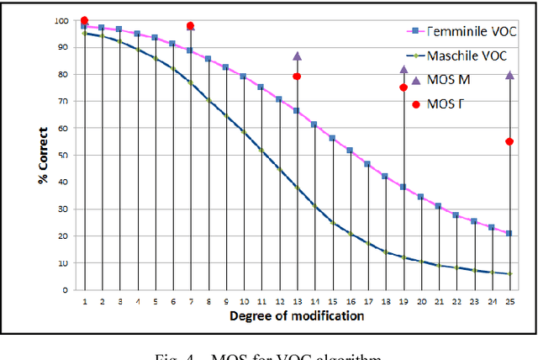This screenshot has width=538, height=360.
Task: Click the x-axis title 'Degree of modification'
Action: coord(296,316)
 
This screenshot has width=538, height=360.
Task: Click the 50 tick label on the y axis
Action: coord(65,155)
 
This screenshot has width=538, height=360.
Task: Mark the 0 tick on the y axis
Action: coord(67,289)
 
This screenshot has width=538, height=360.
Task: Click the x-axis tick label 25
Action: coord(509,300)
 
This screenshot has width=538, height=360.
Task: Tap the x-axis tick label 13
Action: coord(297,300)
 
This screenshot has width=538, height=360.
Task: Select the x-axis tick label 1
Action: coord(84,300)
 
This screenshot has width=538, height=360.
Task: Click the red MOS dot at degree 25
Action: coord(509,141)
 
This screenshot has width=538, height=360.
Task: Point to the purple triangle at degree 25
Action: coord(509,75)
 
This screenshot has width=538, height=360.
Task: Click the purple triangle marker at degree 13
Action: coord(297,56)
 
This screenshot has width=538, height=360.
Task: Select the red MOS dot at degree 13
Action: coord(297,77)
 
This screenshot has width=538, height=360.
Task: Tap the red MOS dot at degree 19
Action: coord(403,87)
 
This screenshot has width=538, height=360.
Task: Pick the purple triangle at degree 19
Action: coord(403,70)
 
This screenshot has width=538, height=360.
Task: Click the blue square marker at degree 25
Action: coord(509,233)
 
